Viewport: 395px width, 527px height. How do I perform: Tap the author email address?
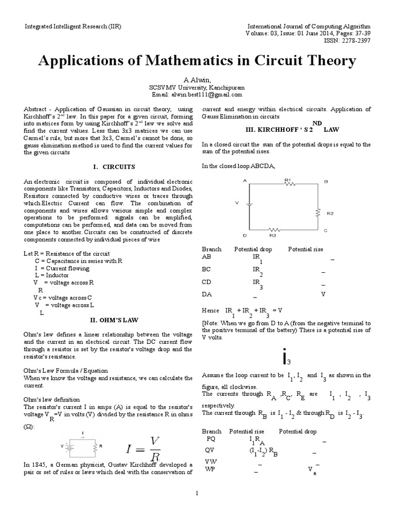197,95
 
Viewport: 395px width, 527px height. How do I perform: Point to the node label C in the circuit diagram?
326,230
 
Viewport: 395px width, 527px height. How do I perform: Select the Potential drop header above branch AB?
253,249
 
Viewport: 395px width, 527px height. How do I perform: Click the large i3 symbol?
286,357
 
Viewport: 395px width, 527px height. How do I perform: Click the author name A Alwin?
197,80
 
